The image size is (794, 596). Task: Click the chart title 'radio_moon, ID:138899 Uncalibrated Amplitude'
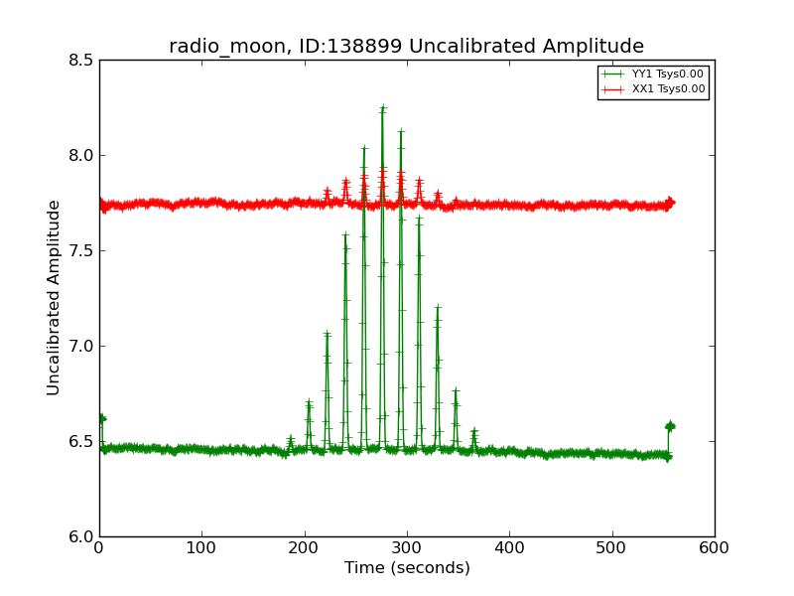pyautogui.click(x=406, y=47)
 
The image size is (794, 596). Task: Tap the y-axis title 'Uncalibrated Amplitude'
pyautogui.click(x=54, y=297)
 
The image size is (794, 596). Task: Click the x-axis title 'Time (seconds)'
pyautogui.click(x=407, y=568)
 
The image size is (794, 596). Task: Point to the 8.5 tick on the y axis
pyautogui.click(x=81, y=60)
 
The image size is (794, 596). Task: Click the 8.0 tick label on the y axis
pyautogui.click(x=81, y=155)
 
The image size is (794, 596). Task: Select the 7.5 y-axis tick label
pyautogui.click(x=81, y=250)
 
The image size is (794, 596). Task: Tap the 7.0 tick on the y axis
pyautogui.click(x=81, y=346)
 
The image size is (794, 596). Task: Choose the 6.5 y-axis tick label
pyautogui.click(x=81, y=441)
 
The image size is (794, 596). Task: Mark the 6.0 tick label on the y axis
pyautogui.click(x=81, y=536)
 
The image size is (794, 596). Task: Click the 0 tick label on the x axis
pyautogui.click(x=99, y=548)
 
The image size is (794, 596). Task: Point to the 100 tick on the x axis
pyautogui.click(x=201, y=548)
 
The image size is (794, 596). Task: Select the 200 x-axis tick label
pyautogui.click(x=305, y=548)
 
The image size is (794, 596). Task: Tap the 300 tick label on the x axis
pyautogui.click(x=407, y=548)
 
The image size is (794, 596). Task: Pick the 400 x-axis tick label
pyautogui.click(x=509, y=548)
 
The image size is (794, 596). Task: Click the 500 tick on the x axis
pyautogui.click(x=612, y=548)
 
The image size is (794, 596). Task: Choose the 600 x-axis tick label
pyautogui.click(x=715, y=548)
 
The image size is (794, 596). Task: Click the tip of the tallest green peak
pyautogui.click(x=382, y=107)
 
